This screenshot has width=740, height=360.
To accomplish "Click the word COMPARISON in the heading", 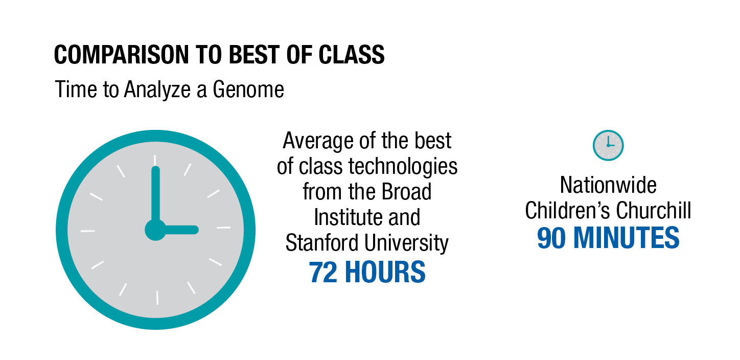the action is [x=121, y=55].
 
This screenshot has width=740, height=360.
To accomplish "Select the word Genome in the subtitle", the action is [x=248, y=89].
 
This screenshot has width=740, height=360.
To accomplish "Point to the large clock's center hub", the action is [x=155, y=230].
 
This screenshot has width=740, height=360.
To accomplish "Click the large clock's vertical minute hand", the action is [x=155, y=195].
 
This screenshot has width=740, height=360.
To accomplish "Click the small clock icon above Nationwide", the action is [x=608, y=145].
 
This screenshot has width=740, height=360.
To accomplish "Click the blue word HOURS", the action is [x=385, y=273].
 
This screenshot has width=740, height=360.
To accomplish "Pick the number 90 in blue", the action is [x=551, y=238].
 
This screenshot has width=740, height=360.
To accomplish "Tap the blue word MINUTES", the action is [x=627, y=238].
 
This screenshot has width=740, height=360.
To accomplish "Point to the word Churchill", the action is [x=653, y=210].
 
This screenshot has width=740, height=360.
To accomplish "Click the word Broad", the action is [x=406, y=192].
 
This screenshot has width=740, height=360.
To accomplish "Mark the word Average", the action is [x=318, y=141].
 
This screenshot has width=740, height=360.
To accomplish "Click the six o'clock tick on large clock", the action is [x=157, y=298].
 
